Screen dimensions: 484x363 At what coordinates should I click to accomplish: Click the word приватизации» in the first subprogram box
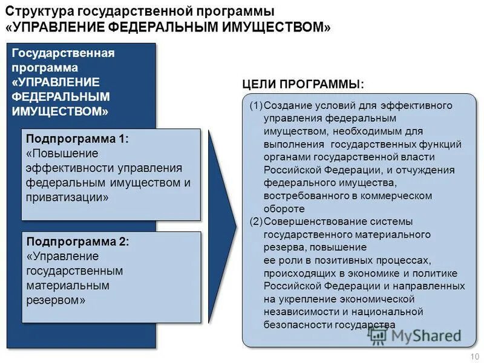tap(67, 197)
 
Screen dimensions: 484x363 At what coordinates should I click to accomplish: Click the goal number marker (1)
tap(256, 106)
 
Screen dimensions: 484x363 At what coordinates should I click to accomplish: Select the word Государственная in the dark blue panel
tap(64, 53)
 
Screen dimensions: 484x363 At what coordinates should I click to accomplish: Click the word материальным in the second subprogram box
tap(68, 285)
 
